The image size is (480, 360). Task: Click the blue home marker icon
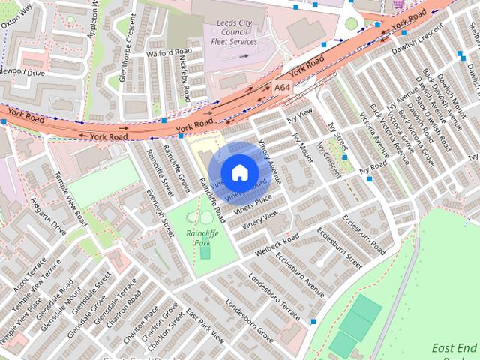pyautogui.click(x=239, y=172)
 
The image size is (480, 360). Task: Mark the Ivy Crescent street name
pyautogui.click(x=328, y=158)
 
